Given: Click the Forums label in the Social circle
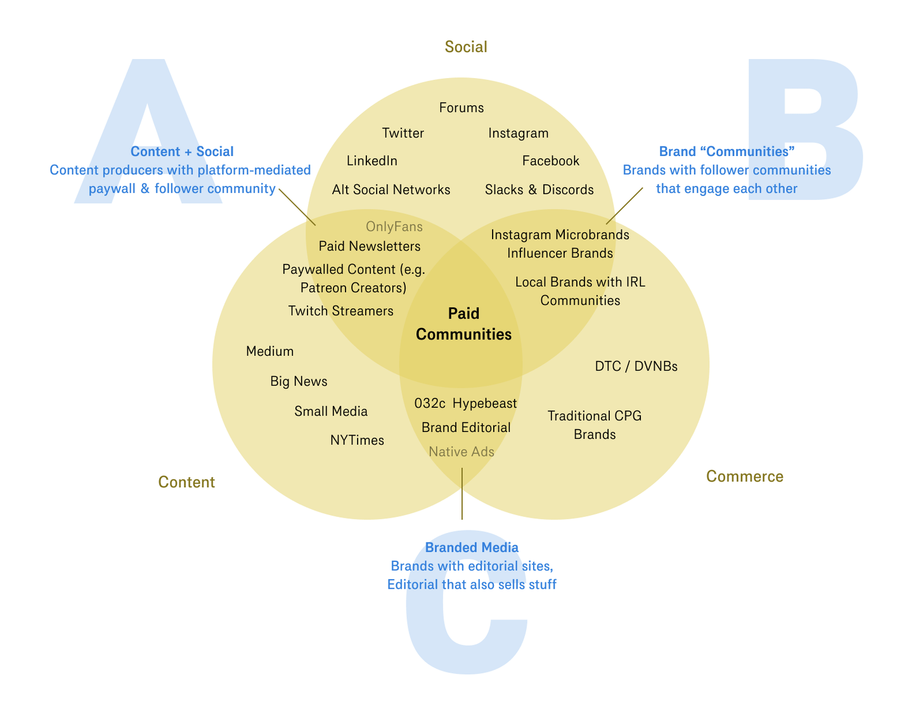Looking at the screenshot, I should coord(461,108).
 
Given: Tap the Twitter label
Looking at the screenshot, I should coord(403,133).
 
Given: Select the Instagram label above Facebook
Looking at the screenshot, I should coord(519,133).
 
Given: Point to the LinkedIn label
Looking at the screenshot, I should coord(372,161).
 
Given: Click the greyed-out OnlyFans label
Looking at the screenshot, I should coord(394,226).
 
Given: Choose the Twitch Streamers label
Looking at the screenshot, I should coord(341,311).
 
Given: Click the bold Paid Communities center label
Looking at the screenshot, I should coord(464,324).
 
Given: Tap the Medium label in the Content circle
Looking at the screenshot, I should coord(270,351).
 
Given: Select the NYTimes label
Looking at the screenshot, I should coord(357,440).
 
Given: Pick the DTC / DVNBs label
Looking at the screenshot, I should coord(636,367).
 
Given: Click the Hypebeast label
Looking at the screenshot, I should coord(485,403).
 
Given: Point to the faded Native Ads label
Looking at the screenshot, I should coord(461,452).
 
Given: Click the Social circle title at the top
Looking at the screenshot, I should coord(466,47).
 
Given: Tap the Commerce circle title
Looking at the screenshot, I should coord(745,476).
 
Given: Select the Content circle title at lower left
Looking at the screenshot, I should coord(186,482).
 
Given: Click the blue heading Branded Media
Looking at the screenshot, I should coord(472,547).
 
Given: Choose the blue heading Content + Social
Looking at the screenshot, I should coord(182,152).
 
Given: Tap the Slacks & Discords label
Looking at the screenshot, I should coord(539,190).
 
